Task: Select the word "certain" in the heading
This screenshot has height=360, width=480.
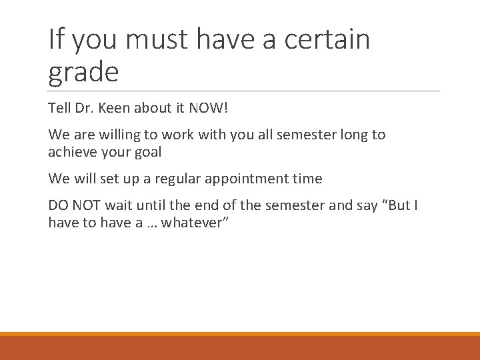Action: pos(327,41)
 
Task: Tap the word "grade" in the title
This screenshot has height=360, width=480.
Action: pos(83,72)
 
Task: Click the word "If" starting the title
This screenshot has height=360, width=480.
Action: pos(55,40)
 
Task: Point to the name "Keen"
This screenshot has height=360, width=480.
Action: pos(115,107)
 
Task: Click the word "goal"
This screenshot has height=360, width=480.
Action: pos(147,151)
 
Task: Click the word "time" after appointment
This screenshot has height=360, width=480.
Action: pos(307,179)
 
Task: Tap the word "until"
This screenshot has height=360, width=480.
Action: pos(154,206)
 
